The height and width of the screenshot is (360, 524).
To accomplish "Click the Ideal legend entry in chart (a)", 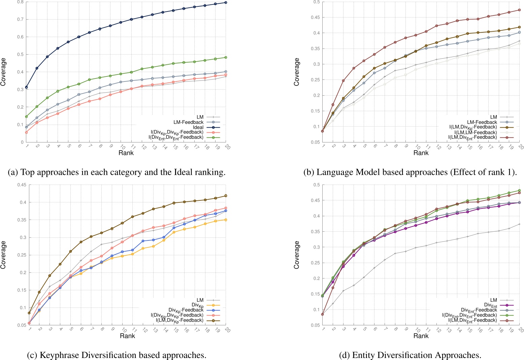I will click(198, 127).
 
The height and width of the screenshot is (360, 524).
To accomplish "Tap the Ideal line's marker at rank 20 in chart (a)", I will click(226, 3).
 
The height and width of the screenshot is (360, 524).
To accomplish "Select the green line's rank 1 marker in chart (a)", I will click(26, 117).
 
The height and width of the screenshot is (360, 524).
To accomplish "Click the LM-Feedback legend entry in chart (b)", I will click(482, 122).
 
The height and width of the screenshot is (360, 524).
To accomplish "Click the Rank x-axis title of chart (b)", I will click(421, 153).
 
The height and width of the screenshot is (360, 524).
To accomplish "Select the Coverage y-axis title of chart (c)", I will click(4, 255).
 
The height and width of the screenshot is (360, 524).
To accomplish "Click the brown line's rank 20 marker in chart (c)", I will click(226, 196).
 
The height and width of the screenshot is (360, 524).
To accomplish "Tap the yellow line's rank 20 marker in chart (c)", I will click(226, 220).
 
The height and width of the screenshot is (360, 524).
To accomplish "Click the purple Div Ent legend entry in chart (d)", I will click(491, 305).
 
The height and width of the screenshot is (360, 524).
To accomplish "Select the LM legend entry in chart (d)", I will click(493, 300).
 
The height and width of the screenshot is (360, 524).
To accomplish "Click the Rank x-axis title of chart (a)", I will click(126, 153).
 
